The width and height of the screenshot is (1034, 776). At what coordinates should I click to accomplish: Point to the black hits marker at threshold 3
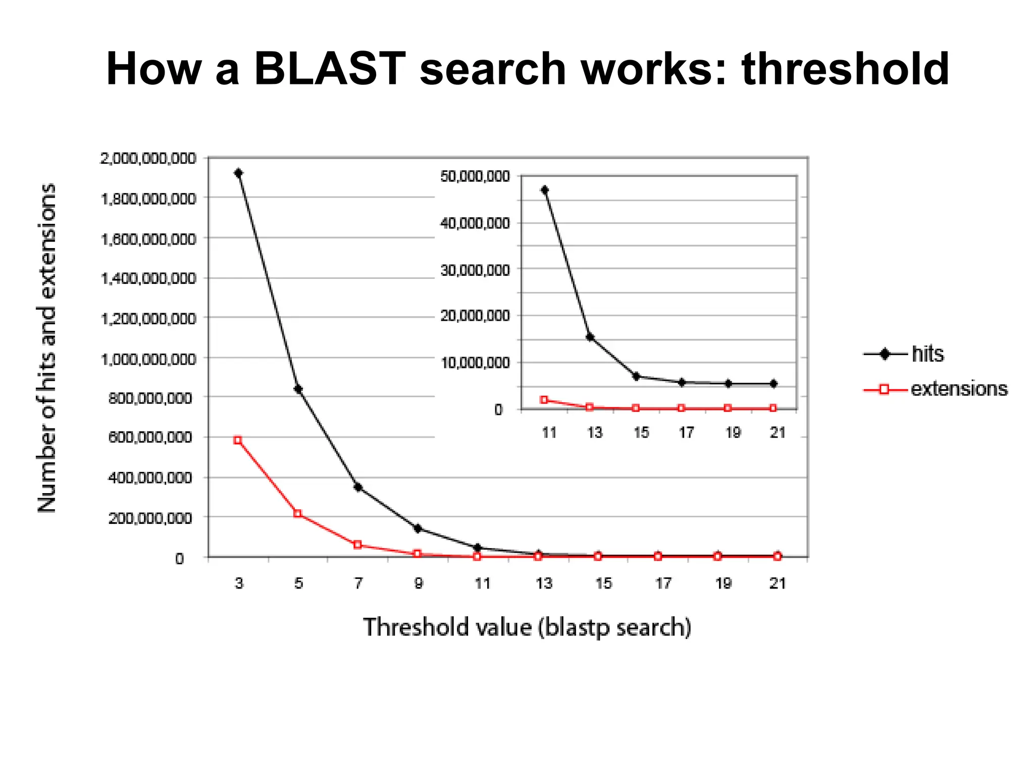click(238, 173)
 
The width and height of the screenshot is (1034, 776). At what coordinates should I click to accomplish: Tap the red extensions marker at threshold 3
click(238, 440)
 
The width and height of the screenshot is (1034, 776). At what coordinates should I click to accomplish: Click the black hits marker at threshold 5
click(298, 389)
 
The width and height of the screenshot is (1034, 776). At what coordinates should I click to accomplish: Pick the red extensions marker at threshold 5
click(298, 514)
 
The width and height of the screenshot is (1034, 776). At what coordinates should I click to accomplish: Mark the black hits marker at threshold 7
click(358, 488)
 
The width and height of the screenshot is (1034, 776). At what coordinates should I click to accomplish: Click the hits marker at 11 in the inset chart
click(544, 190)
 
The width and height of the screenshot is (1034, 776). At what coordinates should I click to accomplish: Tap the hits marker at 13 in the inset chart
click(590, 337)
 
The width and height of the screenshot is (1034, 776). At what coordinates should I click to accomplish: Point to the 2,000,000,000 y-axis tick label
click(148, 159)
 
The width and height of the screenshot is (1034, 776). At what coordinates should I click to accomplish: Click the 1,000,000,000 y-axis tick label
click(148, 359)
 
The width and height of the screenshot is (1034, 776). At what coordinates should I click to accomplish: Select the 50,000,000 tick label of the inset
click(475, 176)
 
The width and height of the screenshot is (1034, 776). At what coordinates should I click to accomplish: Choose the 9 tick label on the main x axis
click(419, 584)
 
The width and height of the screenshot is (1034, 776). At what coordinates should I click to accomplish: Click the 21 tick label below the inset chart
click(778, 432)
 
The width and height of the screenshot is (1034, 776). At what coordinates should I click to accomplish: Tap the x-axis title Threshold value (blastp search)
click(527, 627)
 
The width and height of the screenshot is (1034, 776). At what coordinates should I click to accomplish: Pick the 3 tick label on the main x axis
click(239, 584)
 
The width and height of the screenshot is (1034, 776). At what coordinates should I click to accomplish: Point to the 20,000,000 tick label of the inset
click(475, 316)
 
